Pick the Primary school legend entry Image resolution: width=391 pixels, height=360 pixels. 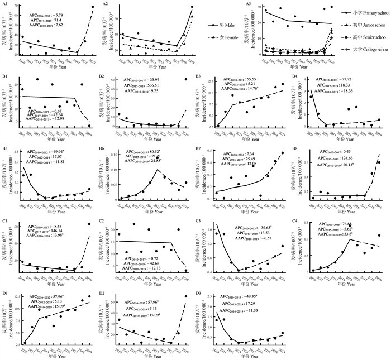[x=364, y=12]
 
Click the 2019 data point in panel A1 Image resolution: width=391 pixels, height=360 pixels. [x=93, y=7]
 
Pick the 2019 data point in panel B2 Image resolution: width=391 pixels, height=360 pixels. [x=185, y=80]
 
